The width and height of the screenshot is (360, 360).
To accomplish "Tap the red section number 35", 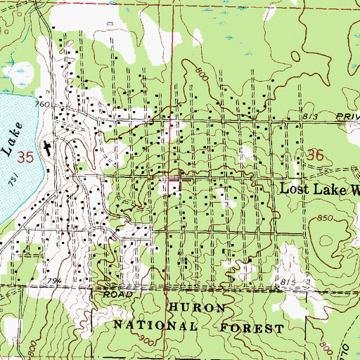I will [27, 155].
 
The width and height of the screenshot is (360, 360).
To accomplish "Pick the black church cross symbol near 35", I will [46, 148].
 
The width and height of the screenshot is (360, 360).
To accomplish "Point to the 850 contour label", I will [323, 219].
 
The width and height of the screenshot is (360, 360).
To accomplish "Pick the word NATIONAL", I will [150, 328].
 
